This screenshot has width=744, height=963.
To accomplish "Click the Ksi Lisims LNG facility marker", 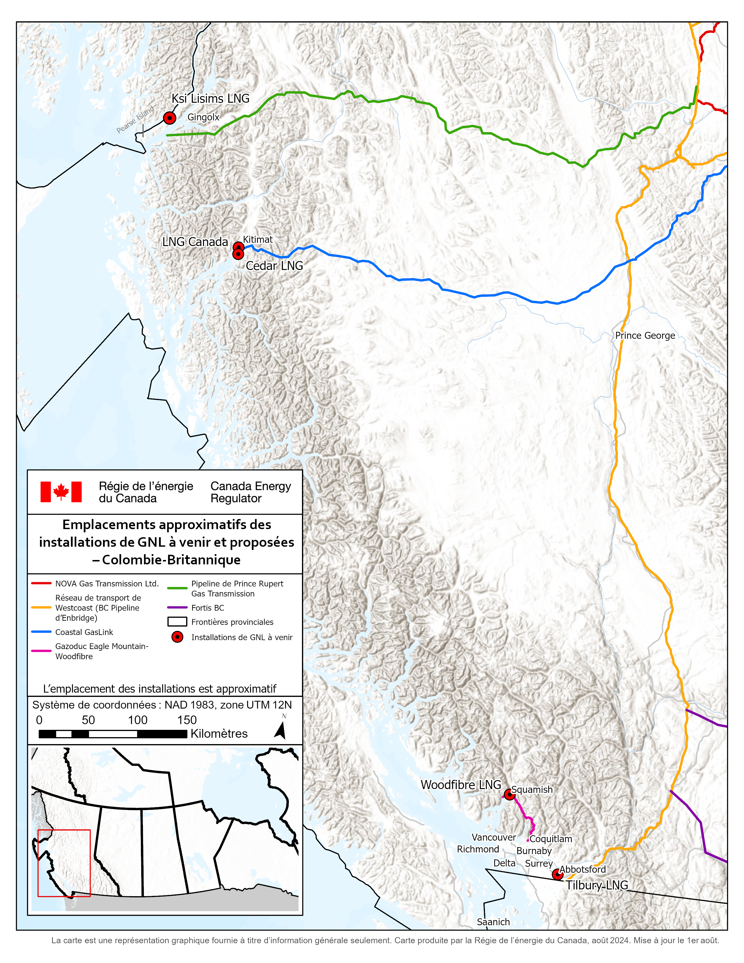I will [169, 118].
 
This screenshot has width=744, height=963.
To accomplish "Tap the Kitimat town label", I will [258, 239].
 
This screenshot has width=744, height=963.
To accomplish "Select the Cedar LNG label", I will [274, 266].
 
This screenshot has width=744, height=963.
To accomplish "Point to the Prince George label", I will [645, 336].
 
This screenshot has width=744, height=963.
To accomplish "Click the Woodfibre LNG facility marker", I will [509, 795].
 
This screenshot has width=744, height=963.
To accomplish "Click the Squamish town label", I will [532, 790].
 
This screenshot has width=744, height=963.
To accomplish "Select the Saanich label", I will [493, 922].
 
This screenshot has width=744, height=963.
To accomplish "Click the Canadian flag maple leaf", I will [61, 492].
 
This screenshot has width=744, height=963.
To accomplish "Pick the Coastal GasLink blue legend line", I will [41, 632].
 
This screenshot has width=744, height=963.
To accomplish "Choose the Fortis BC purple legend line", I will [177, 608].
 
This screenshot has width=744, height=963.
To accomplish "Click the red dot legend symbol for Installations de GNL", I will [177, 637].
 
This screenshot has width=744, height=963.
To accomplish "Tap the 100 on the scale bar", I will [137, 720].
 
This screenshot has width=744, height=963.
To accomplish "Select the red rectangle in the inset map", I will [64, 863].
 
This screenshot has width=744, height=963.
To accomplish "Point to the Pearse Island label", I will [135, 119].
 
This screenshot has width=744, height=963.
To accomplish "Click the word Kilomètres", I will [219, 734].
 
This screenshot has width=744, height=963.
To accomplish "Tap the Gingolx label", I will [203, 117].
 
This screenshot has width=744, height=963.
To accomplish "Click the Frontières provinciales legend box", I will [177, 622].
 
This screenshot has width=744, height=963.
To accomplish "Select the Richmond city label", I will [478, 849].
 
